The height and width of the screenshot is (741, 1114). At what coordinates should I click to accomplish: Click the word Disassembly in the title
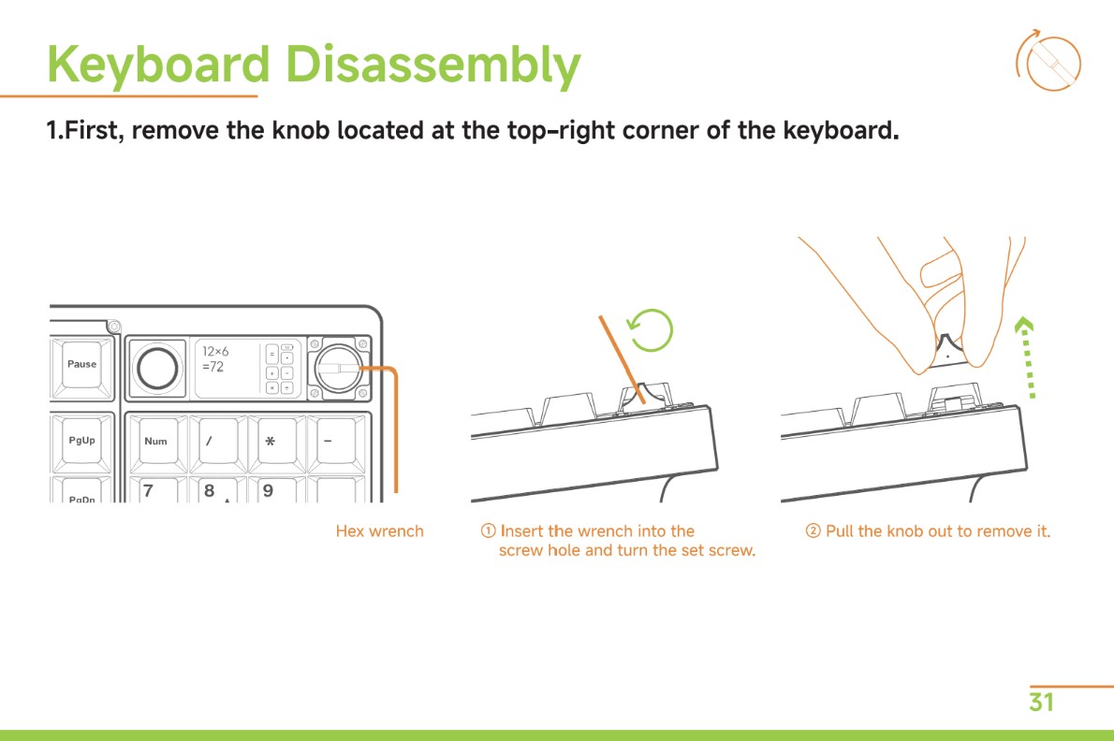click(x=432, y=65)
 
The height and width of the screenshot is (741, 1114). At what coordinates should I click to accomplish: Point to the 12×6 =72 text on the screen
click(x=214, y=359)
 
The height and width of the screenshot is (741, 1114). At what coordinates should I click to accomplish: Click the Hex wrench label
click(x=379, y=531)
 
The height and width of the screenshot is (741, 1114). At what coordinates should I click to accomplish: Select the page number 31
click(x=1041, y=702)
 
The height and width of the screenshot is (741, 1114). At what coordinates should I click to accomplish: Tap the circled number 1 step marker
click(x=488, y=530)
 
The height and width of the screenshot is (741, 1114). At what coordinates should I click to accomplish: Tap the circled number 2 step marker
click(x=813, y=530)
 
